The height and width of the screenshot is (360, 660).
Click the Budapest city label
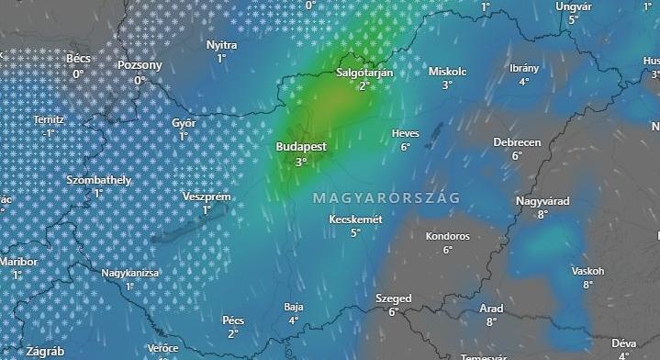301,147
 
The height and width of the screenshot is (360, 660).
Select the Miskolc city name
448,71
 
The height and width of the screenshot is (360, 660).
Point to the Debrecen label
517,142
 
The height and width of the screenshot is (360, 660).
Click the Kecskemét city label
355,219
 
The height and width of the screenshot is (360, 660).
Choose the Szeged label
393,298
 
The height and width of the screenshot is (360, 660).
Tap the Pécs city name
233,320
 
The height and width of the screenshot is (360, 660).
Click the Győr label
184,122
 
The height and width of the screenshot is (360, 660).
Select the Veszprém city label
207,197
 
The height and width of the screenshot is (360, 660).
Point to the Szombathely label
98,180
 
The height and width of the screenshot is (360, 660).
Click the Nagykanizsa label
130,273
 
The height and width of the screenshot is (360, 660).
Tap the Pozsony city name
140,65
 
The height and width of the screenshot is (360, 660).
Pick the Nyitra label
221,44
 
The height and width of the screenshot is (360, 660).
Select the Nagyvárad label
543,200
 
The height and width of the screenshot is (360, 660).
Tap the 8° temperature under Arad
491,321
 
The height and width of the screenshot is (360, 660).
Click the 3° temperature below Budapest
301,163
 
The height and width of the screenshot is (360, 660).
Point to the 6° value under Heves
405,147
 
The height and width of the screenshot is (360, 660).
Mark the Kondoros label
447,236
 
